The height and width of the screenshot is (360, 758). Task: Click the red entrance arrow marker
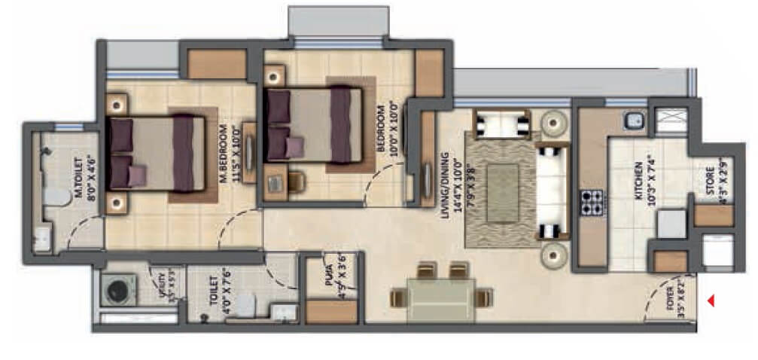click(711, 302)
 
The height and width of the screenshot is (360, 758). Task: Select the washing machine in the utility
click(117, 291)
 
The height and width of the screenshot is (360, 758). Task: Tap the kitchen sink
click(635, 120)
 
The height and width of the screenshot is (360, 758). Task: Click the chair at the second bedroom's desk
click(296, 181)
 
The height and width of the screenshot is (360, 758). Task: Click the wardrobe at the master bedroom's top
click(217, 65)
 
